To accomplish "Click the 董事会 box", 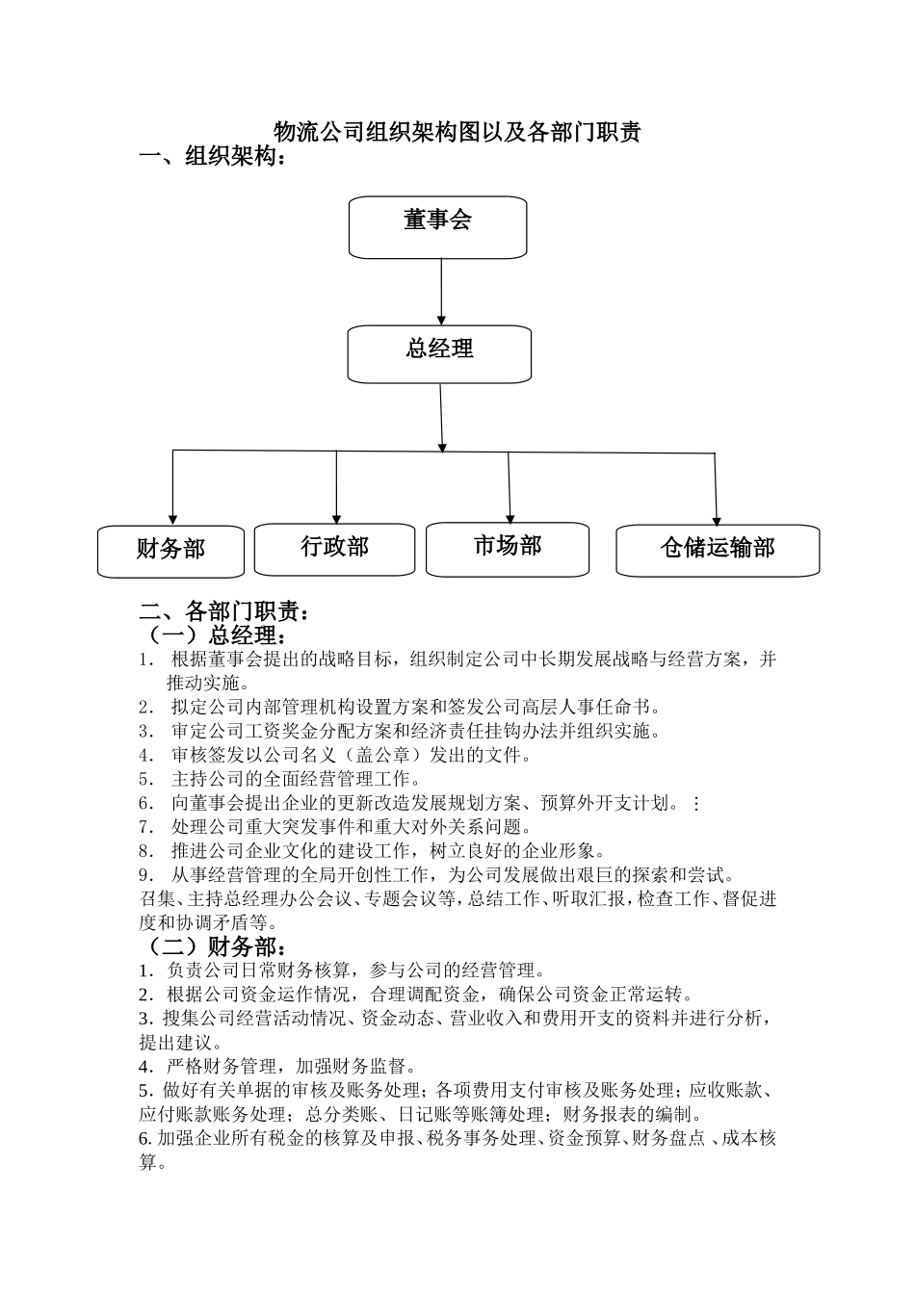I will coord(437,227).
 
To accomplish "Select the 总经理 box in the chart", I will coord(439,353).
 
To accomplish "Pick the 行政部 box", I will coord(334,549).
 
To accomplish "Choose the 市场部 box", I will coord(508,549).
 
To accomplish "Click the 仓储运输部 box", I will coord(718,550).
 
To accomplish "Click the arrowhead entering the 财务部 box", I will coord(172,519).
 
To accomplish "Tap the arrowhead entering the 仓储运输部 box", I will coord(717,518).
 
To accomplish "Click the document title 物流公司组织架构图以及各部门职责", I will coord(457,132).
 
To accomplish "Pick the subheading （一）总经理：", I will coord(213,635).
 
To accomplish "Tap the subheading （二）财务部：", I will coord(213,946).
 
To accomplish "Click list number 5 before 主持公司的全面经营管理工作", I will coord(146,779).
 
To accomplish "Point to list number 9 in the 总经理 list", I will coord(146,875).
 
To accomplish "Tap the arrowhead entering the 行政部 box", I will coord(336,518).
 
